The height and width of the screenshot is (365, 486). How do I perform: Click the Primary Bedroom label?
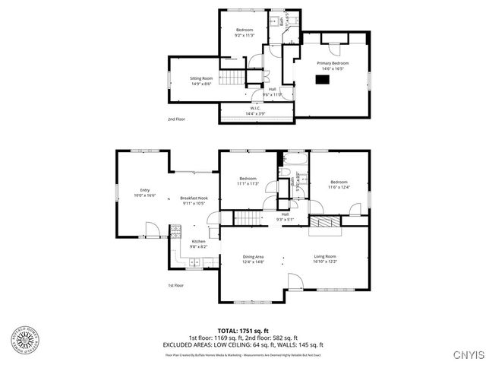coord(332,62)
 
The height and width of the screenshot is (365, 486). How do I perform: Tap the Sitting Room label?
coord(201,78)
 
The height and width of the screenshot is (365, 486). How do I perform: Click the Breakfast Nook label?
coord(194,198)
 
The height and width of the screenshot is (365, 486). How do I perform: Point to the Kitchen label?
coord(198,242)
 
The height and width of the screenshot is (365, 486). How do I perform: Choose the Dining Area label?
coord(253,256)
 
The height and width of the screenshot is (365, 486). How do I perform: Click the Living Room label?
coord(325,256)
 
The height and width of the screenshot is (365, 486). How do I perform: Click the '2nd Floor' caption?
coord(176,119)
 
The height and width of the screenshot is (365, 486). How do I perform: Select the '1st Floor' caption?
coord(176,285)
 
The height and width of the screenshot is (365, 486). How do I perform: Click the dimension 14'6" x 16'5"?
coord(332,68)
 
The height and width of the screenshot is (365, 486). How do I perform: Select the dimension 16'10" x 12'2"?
coord(325,262)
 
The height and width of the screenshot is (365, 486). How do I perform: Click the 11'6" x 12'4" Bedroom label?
coord(339,182)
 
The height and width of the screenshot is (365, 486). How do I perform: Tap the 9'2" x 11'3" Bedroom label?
coord(244,30)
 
